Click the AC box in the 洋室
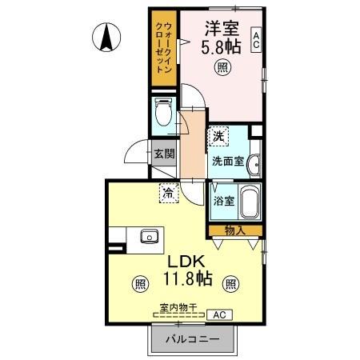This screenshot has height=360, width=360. pyautogui.click(x=256, y=39)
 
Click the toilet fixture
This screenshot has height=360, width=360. pyautogui.click(x=164, y=112)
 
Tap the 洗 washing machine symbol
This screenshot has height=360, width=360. pyautogui.click(x=218, y=137)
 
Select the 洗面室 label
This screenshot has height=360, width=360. pyautogui.click(x=227, y=160)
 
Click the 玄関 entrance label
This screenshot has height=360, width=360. pyautogui.click(x=165, y=154)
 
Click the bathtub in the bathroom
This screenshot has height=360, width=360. pyautogui.click(x=250, y=203)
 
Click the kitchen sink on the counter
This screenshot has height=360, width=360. pyautogui.click(x=149, y=237)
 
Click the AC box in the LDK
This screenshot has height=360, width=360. pyautogui.click(x=218, y=315)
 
